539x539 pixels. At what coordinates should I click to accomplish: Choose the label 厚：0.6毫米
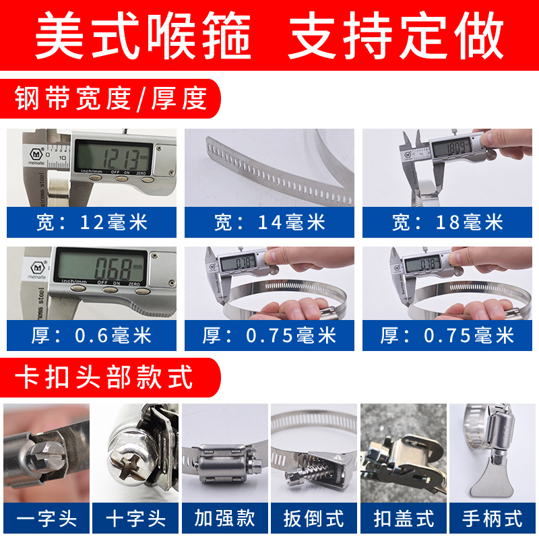92,336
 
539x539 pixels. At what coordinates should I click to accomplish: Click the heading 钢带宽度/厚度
110,99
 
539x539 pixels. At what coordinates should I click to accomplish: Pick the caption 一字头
45,517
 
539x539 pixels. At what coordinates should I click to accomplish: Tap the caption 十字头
135,517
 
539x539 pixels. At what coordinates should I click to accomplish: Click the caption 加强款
225,517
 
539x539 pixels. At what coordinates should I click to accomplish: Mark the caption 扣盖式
404,517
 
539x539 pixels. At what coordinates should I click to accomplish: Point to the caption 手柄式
493,517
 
